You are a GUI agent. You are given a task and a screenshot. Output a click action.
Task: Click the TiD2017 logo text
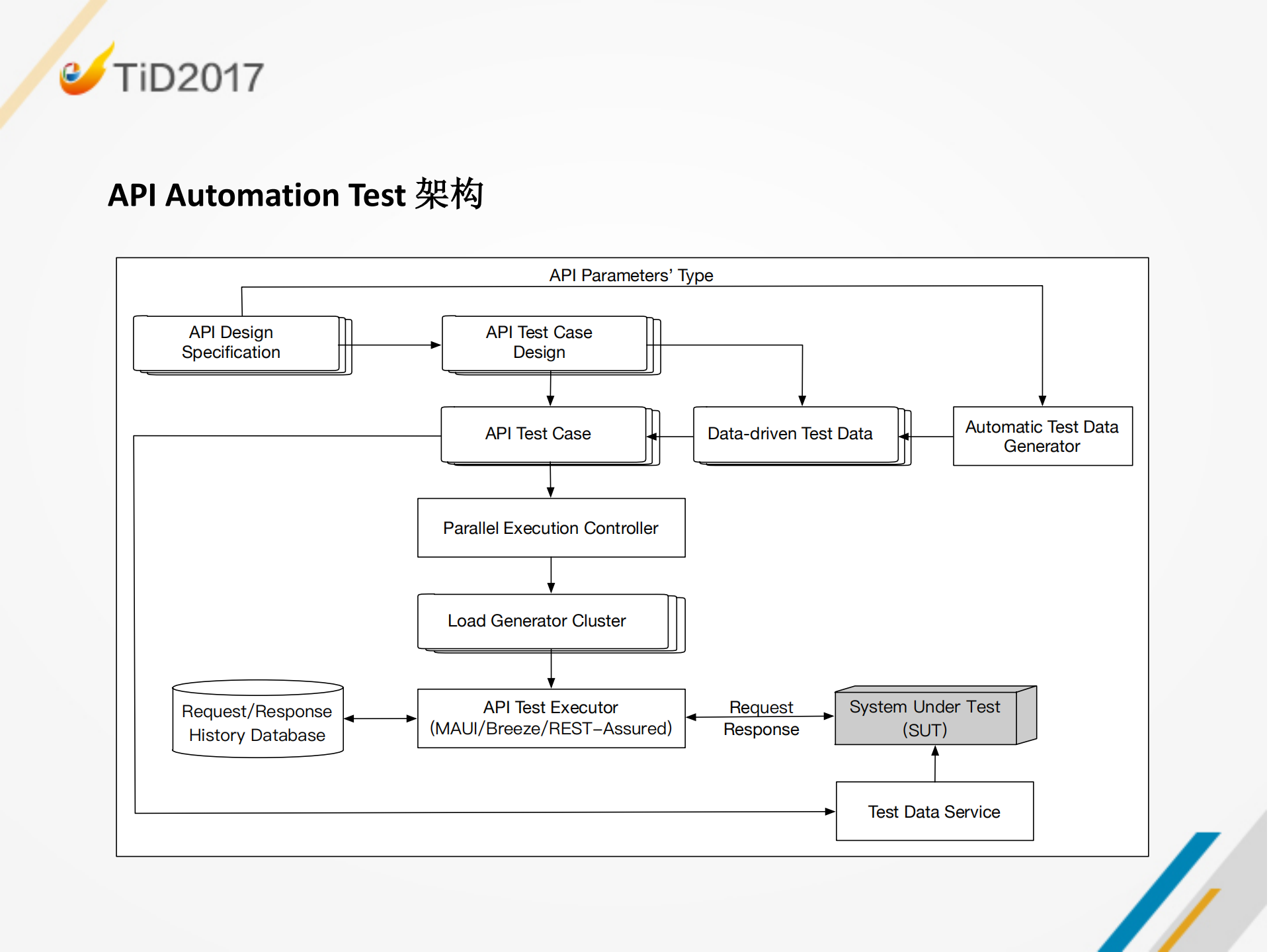188,77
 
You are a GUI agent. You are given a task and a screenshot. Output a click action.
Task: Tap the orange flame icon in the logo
86,73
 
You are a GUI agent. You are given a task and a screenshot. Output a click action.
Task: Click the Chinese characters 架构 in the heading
450,195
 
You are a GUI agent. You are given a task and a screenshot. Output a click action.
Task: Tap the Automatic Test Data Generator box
1042,436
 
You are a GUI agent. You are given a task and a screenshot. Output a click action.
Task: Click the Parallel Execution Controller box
551,528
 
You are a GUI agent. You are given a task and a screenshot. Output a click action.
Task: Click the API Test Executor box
551,718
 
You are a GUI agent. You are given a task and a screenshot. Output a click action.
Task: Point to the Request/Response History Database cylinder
257,722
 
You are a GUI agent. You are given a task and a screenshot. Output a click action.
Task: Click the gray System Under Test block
926,718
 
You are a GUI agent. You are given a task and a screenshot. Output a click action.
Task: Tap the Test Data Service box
934,812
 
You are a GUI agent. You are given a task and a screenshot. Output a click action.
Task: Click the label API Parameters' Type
631,275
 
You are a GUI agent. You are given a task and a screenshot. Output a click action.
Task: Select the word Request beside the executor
760,707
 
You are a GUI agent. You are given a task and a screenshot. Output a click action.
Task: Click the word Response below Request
760,730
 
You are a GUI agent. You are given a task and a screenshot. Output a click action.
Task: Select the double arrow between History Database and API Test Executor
380,718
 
